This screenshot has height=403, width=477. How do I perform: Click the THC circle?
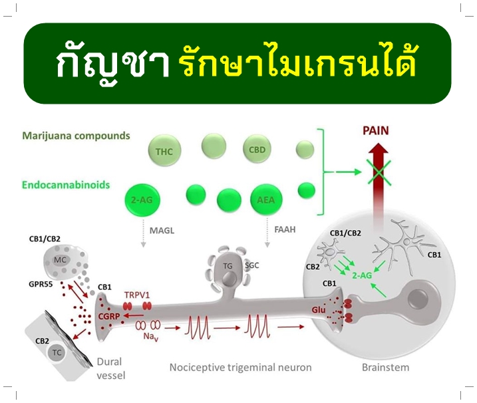click(164, 151)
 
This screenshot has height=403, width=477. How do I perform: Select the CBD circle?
click(257, 150)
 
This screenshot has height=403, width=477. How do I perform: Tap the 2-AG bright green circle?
click(142, 200)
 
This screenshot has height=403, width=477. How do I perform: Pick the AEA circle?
click(267, 200)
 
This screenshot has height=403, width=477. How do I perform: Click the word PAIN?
click(376, 131)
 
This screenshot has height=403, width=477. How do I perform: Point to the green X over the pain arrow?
click(379, 172)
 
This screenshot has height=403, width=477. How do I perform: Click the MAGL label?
click(162, 231)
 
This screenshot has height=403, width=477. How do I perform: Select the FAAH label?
click(285, 229)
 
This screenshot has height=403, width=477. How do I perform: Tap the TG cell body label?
click(228, 266)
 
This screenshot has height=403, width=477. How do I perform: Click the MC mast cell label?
click(60, 260)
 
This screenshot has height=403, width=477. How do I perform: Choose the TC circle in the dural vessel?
click(57, 353)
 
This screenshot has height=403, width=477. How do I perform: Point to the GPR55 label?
click(41, 285)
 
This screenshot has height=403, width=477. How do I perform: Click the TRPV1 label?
click(137, 295)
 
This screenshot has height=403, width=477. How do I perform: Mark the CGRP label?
click(109, 317)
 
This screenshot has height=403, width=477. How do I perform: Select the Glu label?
click(319, 310)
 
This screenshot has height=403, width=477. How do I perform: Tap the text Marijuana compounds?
click(76, 136)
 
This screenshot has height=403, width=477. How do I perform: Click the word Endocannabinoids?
click(66, 185)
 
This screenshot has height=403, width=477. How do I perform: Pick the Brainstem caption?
click(385, 367)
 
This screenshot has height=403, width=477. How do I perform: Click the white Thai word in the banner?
click(112, 63)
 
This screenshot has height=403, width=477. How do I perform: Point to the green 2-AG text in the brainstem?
click(362, 275)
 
